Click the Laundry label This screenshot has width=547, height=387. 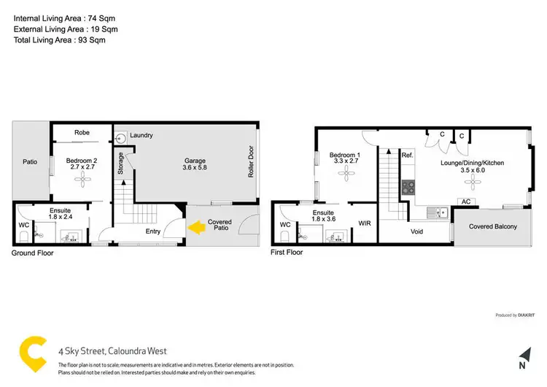(x=141, y=135)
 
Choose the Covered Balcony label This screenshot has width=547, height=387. (x=492, y=226)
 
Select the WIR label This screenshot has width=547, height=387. (x=365, y=224)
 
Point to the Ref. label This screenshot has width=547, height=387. (x=407, y=156)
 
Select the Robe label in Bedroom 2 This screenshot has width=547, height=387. (x=82, y=133)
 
